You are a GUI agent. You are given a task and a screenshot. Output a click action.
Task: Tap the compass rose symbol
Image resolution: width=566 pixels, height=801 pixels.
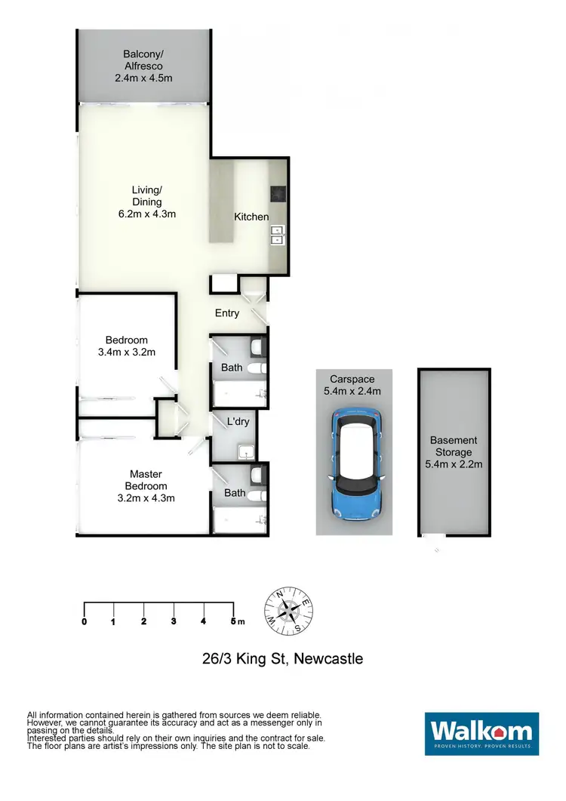[x=288, y=610]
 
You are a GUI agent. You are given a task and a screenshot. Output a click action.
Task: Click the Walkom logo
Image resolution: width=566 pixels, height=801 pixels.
[x=481, y=732]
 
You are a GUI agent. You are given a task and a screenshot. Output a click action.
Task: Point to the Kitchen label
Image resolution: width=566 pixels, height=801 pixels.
[x=251, y=217]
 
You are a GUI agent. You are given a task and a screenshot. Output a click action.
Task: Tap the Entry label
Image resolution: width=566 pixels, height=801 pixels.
[x=227, y=313]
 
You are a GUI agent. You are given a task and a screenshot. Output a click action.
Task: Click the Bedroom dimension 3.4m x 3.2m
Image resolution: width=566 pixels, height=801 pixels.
[x=126, y=352]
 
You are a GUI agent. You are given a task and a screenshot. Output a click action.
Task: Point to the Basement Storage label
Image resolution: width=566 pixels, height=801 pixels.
[x=454, y=446]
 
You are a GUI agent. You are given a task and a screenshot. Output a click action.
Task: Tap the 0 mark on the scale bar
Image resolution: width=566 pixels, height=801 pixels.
[x=84, y=621]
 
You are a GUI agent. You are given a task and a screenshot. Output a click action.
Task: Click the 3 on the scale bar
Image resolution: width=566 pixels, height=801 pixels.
[x=174, y=621]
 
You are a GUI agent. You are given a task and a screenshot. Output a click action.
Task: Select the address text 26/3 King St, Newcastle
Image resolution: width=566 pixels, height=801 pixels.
[x=282, y=659]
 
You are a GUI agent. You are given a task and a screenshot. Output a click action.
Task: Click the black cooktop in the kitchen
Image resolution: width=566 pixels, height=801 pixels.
[x=278, y=194]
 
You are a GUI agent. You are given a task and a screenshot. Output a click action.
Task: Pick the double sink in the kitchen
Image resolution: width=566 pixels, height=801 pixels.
[x=277, y=236]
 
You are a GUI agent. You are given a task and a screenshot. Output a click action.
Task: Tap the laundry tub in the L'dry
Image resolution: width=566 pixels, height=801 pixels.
[x=245, y=453]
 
